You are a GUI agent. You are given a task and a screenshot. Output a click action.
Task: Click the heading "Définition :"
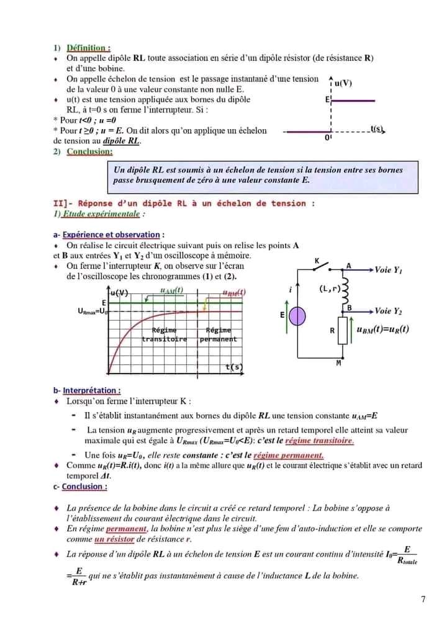(x=89, y=47)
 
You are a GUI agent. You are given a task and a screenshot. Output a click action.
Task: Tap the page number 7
(x=423, y=599)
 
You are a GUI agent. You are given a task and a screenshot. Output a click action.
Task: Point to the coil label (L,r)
(x=330, y=289)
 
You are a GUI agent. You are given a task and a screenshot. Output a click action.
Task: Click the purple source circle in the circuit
(x=298, y=316)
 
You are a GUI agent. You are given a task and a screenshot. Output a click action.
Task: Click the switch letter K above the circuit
(x=317, y=261)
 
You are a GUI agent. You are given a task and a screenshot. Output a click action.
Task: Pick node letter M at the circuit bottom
(x=339, y=363)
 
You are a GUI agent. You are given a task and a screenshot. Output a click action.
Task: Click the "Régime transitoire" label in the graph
(x=164, y=334)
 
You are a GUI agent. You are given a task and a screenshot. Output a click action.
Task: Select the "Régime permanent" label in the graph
(x=219, y=334)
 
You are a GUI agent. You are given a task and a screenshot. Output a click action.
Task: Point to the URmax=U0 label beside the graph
(x=93, y=311)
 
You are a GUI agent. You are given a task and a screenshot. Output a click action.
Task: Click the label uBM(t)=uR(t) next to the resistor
(x=383, y=329)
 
